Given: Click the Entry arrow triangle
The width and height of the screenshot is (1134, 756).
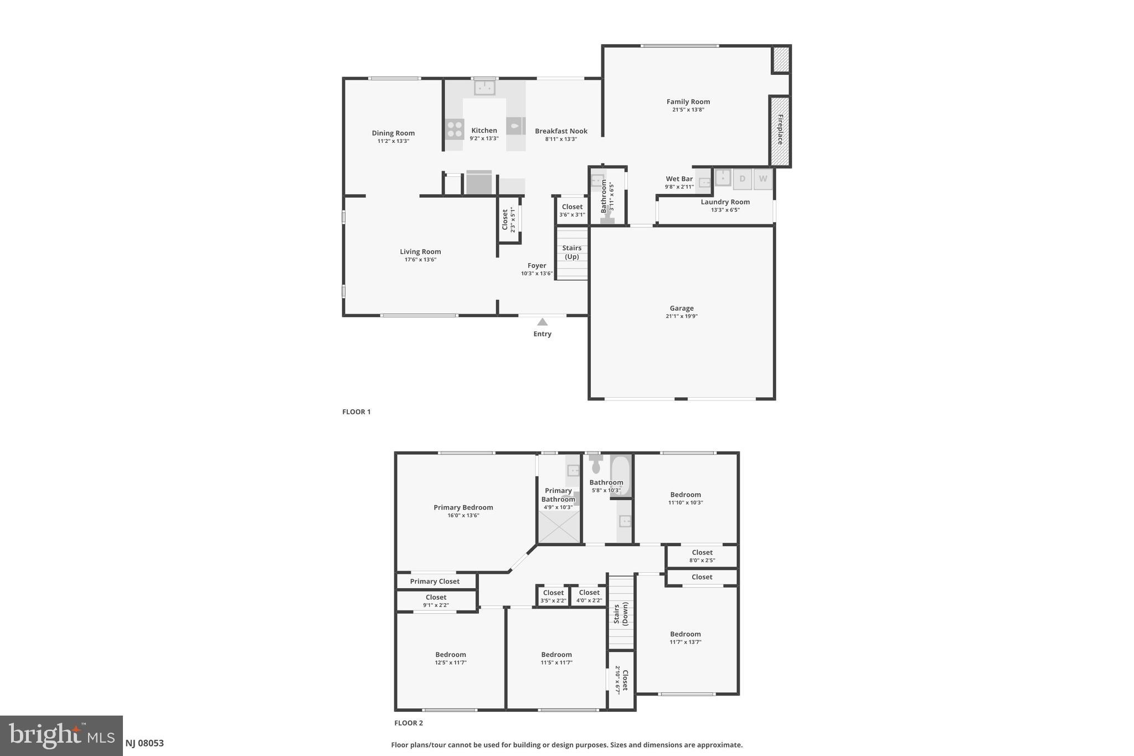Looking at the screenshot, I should (x=542, y=322).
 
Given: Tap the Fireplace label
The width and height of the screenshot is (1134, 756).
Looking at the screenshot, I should (x=780, y=130).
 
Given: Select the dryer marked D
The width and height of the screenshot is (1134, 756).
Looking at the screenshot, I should (x=742, y=179).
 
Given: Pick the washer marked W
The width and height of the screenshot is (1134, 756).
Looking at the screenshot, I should (x=763, y=179).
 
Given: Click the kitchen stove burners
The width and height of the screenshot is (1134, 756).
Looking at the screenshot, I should (x=455, y=129).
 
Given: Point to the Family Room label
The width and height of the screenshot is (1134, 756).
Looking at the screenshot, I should (x=688, y=101).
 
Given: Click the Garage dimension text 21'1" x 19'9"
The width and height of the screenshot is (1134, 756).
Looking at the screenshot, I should (x=681, y=316).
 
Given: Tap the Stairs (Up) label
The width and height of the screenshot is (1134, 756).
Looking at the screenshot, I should (x=571, y=252).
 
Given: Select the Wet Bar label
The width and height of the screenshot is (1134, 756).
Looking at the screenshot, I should (x=679, y=179).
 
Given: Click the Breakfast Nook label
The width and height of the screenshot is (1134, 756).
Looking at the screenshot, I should (x=561, y=131).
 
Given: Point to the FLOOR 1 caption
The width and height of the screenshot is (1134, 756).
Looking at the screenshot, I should (x=356, y=412).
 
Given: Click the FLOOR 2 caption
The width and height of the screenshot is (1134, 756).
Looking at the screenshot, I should (x=408, y=723).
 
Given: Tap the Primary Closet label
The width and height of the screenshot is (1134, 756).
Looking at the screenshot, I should (x=435, y=582).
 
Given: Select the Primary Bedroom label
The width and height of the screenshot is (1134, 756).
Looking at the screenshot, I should (x=463, y=507).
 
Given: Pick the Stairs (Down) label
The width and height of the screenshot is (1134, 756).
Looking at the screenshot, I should (x=621, y=614).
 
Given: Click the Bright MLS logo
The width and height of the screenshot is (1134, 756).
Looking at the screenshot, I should (x=61, y=736).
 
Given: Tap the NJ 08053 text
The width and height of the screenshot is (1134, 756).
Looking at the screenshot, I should (x=145, y=743).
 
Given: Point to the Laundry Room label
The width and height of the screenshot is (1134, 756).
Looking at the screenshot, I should (x=725, y=202).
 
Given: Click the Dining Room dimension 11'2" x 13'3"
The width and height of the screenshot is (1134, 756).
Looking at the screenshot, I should (x=393, y=141).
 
